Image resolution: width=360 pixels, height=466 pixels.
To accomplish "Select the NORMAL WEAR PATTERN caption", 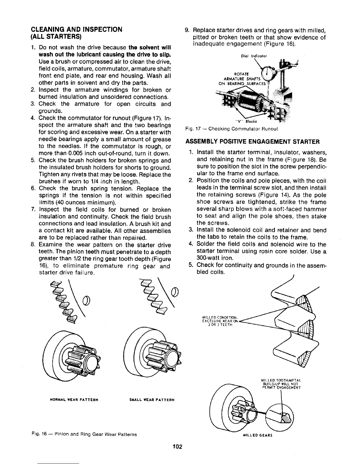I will [72, 400].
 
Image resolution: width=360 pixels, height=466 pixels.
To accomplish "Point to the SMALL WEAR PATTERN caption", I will [152, 400].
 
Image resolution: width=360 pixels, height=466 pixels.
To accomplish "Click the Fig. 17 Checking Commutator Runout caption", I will [231, 129].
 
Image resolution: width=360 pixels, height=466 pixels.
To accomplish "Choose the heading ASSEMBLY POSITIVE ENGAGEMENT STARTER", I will [252, 142].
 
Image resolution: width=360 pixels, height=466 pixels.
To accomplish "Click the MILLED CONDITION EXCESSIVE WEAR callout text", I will [220, 321].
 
